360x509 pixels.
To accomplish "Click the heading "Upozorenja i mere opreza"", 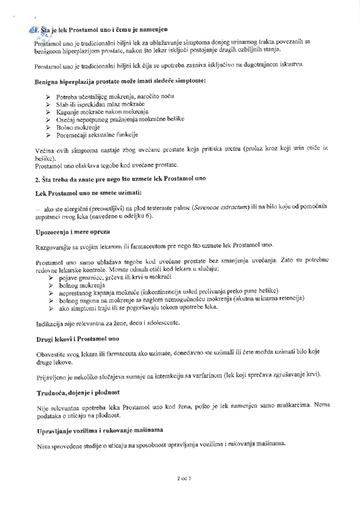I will pos(73,232).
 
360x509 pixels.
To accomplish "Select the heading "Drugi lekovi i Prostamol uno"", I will pos(78,339).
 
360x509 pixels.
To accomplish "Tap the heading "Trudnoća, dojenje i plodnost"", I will pos(78,392).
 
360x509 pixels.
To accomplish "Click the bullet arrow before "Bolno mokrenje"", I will pos(48,127).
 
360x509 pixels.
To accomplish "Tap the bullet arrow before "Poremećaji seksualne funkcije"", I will pos(48,135).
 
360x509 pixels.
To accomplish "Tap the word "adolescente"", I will pos(163,323).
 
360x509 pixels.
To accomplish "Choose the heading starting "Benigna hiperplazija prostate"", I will pos(120,81).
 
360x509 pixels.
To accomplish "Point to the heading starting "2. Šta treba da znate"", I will pos(120,179).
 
